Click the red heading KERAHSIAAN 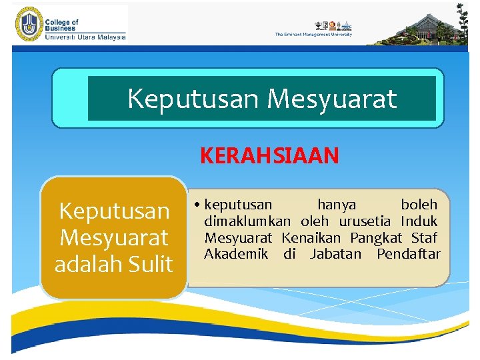coord(269,156)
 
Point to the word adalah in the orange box coord(86,264)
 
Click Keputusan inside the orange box coord(114,211)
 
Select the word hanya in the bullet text coord(337,205)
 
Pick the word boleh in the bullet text coord(419,205)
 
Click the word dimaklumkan coord(247,221)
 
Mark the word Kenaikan coord(311,238)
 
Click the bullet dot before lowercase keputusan coord(199,205)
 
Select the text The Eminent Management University coord(313,35)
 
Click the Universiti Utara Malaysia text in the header coord(85,37)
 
